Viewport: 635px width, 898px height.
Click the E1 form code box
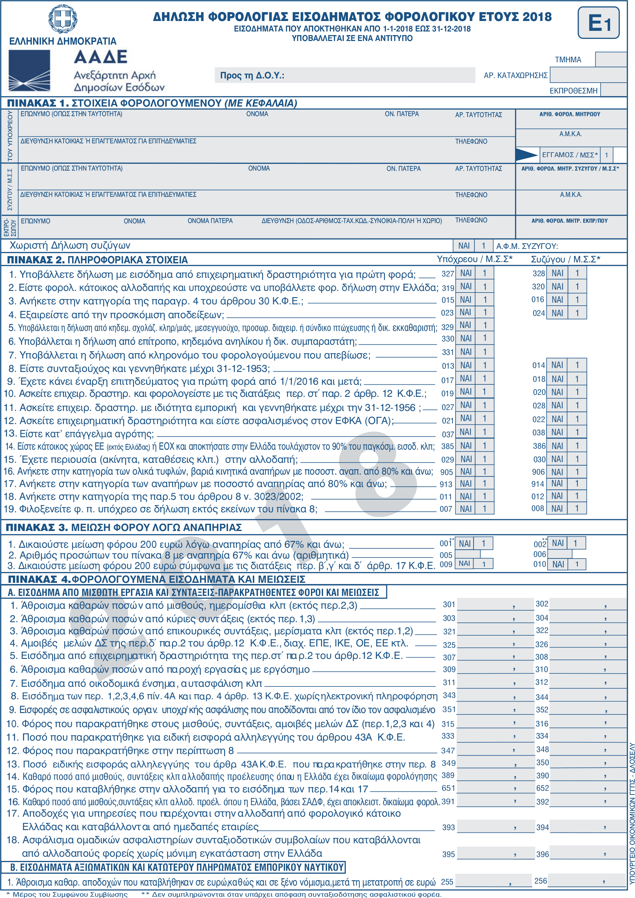[x=598, y=23]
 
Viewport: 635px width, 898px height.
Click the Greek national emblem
[x=63, y=18]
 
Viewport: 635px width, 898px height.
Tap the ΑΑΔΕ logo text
[x=101, y=57]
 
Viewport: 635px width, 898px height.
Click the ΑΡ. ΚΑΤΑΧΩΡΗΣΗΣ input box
[x=588, y=75]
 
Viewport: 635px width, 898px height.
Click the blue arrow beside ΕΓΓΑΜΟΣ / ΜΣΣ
[x=526, y=155]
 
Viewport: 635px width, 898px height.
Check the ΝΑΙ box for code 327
[x=466, y=273]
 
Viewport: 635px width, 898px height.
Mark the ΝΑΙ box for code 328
[x=557, y=273]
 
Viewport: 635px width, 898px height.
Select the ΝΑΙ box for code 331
[x=466, y=352]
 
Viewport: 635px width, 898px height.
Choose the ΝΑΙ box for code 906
[x=557, y=472]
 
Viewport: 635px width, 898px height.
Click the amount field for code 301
[x=495, y=604]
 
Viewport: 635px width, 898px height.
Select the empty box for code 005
[x=468, y=555]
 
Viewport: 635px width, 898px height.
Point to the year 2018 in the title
[x=537, y=17]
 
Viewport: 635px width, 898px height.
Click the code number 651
[x=448, y=788]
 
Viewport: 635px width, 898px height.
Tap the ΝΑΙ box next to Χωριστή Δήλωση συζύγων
[x=464, y=246]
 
